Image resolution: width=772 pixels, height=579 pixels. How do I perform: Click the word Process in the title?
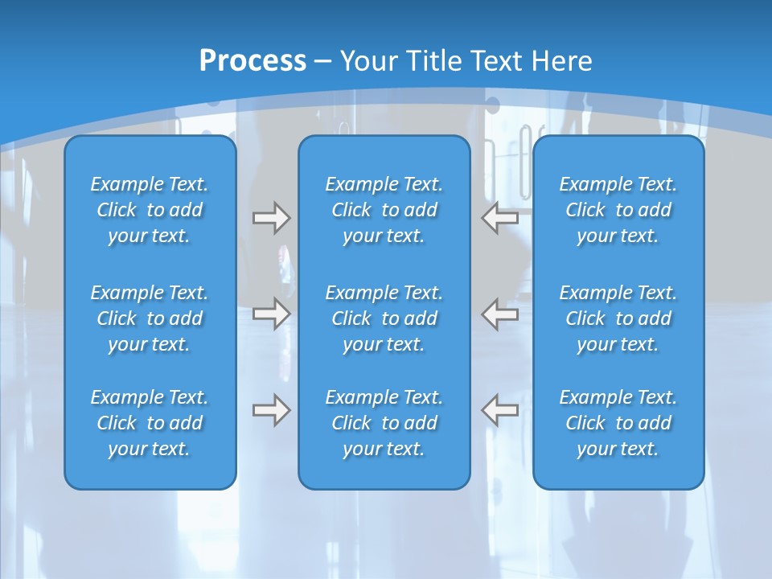tap(253, 60)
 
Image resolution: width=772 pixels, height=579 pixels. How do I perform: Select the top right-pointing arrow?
tap(271, 218)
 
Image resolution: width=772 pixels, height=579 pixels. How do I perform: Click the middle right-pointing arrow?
tap(271, 314)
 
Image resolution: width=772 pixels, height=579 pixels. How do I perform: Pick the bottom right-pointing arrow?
tap(271, 410)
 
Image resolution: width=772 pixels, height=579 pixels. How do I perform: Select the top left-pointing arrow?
tap(500, 218)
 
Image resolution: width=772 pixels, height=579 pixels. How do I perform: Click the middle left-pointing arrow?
tap(500, 314)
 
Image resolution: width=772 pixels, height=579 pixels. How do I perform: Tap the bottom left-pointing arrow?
tap(500, 410)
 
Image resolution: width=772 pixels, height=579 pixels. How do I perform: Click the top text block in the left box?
tap(150, 210)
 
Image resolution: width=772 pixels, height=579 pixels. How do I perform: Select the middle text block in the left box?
tap(150, 318)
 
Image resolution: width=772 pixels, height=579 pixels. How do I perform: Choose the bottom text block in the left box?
tap(150, 423)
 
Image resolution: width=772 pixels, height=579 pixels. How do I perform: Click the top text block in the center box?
tap(384, 210)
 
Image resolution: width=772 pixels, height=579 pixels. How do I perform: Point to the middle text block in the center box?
tap(384, 318)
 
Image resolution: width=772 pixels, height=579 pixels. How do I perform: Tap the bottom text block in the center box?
tap(384, 423)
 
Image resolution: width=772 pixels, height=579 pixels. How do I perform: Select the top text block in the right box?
tap(618, 210)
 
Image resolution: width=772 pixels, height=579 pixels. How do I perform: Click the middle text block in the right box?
tap(618, 318)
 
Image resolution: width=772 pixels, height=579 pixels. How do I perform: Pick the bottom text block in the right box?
tap(618, 423)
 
